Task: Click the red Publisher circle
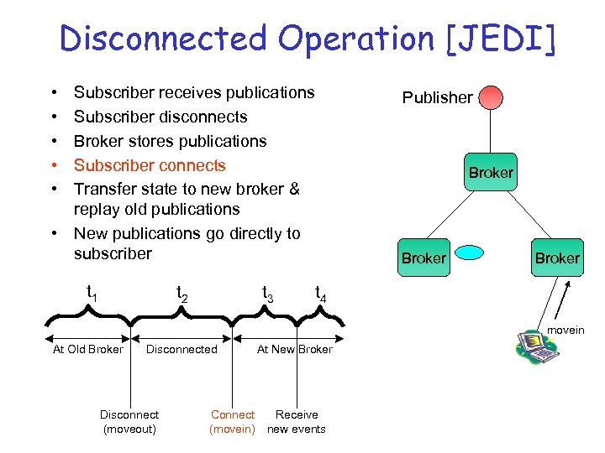(x=491, y=97)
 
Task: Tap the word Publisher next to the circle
(x=437, y=98)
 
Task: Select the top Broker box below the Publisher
(x=491, y=173)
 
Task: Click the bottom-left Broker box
(x=423, y=258)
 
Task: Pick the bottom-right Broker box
(x=557, y=258)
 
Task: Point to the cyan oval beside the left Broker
(x=471, y=252)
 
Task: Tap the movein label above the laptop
(x=566, y=330)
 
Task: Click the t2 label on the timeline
(x=181, y=294)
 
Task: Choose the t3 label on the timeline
(x=268, y=294)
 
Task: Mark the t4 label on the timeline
(x=321, y=294)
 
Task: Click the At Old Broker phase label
(x=87, y=350)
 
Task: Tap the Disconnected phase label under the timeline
(x=181, y=350)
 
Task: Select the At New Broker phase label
(x=294, y=350)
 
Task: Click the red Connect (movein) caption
(x=233, y=422)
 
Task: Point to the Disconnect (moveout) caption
(x=129, y=422)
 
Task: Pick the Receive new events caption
(x=297, y=422)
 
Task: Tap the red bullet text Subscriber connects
(x=150, y=165)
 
